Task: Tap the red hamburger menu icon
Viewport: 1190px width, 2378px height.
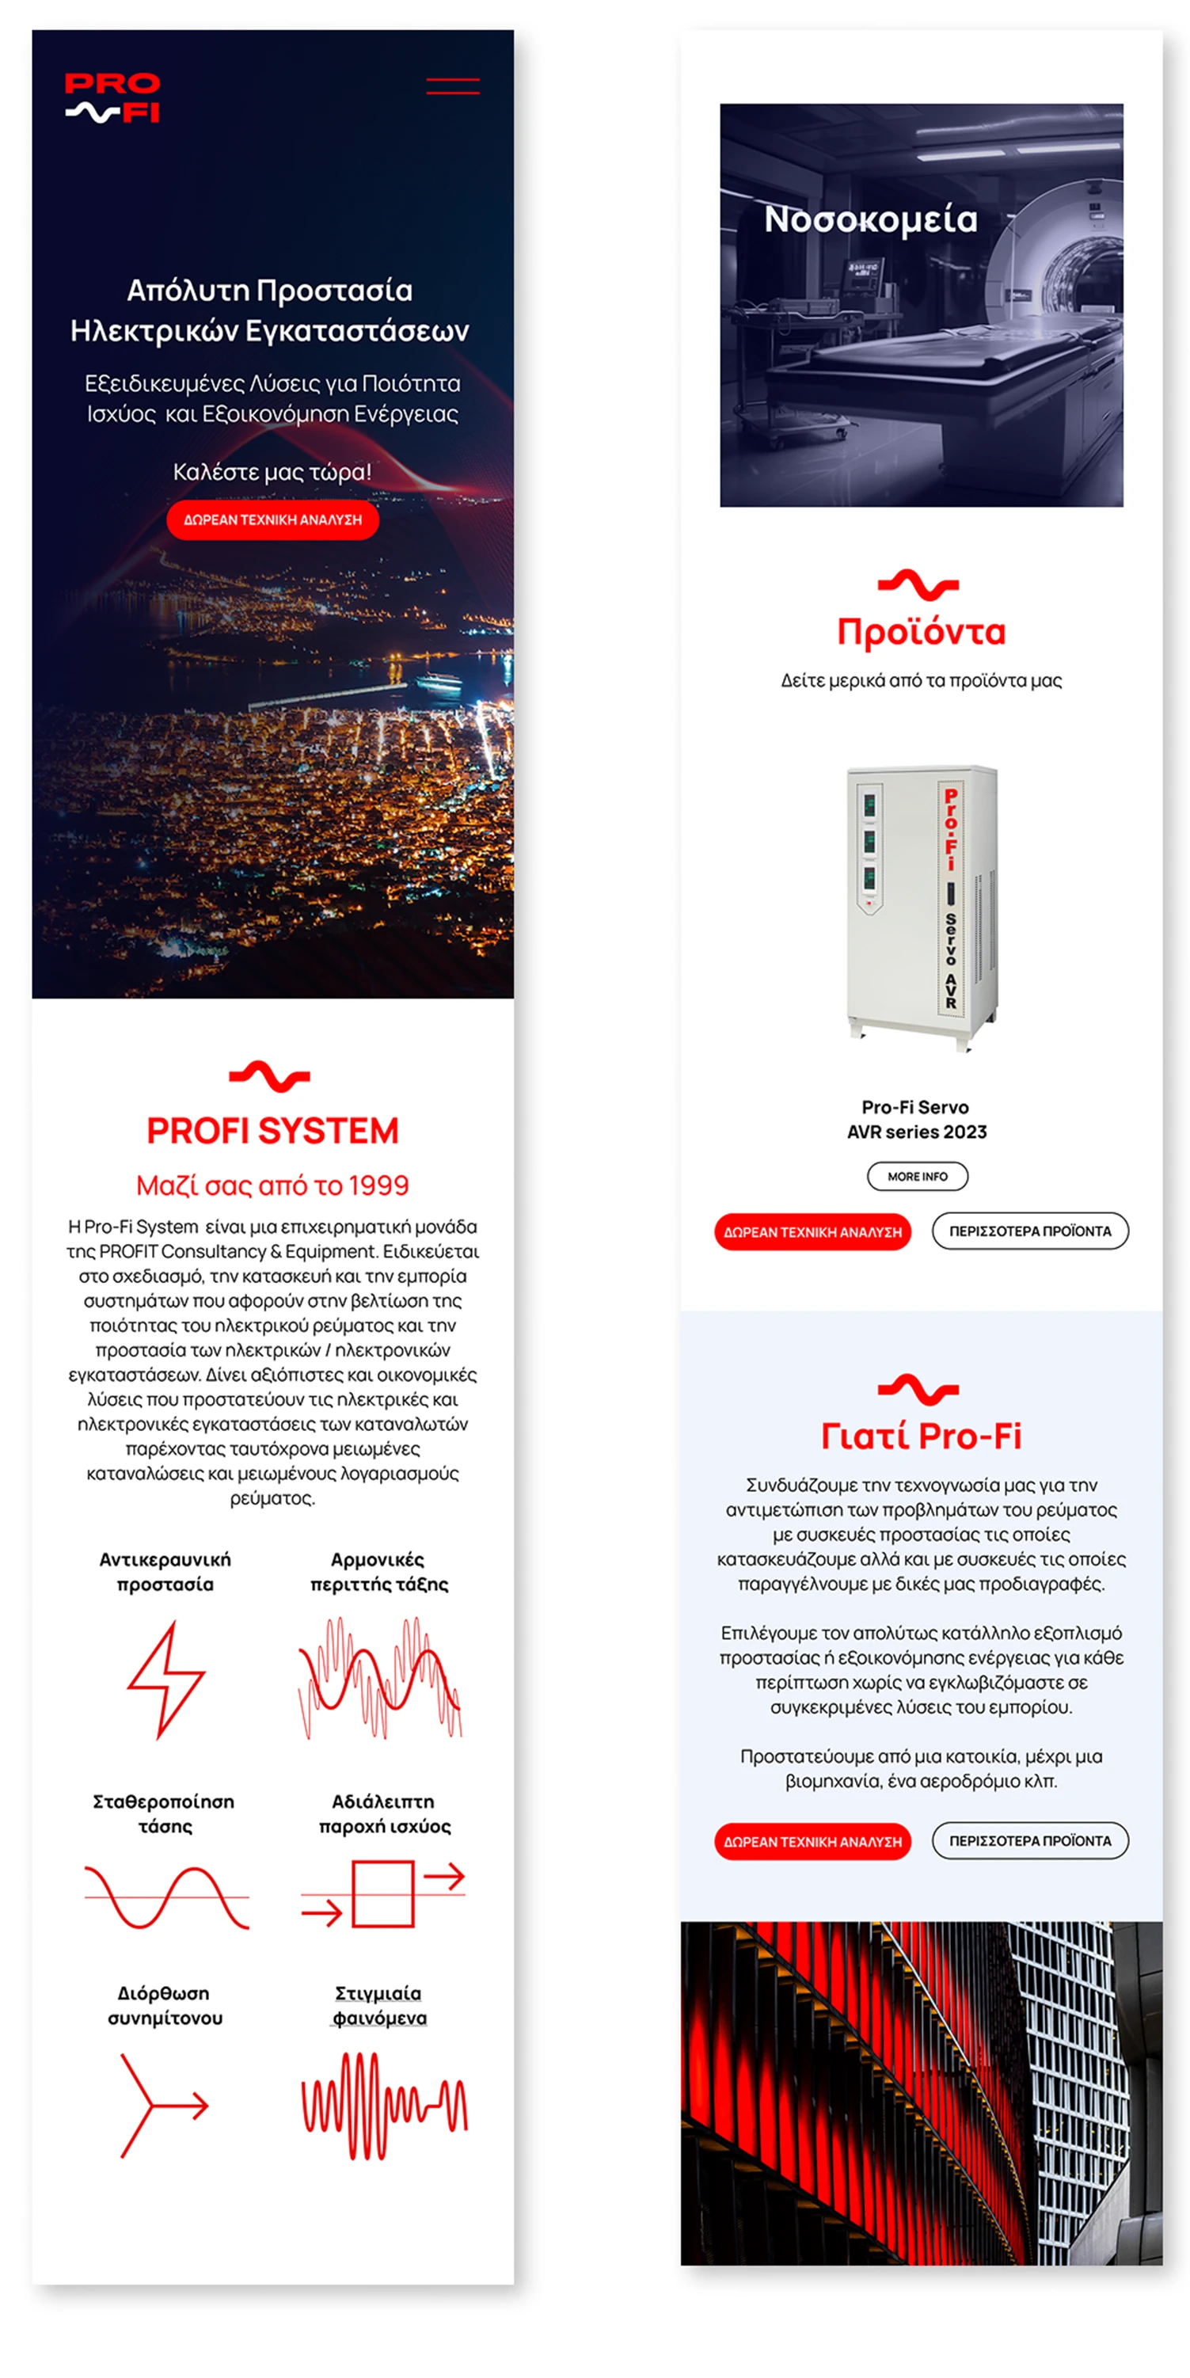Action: tap(452, 86)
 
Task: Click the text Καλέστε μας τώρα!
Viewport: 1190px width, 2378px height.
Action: tap(272, 472)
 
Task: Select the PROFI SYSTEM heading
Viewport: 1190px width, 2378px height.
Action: tap(272, 1131)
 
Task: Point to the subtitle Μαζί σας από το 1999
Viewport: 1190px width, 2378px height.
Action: tap(272, 1185)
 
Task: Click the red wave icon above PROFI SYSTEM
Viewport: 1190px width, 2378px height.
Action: tap(269, 1076)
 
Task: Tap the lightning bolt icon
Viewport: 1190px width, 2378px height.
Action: tap(165, 1680)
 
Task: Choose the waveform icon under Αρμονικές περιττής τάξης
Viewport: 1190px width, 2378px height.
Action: tap(379, 1678)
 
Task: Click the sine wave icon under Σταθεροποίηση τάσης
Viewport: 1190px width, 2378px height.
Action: tap(166, 1897)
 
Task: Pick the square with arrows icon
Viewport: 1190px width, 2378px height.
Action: tap(383, 1893)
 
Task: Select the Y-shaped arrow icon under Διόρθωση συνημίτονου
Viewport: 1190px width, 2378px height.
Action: tap(163, 2106)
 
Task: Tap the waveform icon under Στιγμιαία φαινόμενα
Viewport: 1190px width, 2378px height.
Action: tap(384, 2106)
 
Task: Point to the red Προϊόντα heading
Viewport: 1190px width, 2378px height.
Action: tap(921, 633)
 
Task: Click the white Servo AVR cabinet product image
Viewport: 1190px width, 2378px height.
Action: tap(922, 907)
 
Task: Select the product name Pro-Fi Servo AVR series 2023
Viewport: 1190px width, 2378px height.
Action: tap(917, 1119)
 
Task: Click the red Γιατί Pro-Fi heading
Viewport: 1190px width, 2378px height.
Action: tap(921, 1436)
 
